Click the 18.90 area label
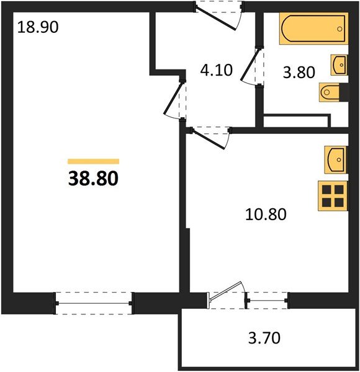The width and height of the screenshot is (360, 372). [x=38, y=27]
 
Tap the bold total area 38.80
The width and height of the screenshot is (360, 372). [x=93, y=179]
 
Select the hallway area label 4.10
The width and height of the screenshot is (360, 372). [x=217, y=70]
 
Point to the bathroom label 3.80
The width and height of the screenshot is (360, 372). [x=299, y=73]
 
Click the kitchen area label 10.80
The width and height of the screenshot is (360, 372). [x=266, y=215]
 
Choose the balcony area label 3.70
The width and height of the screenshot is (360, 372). [x=264, y=338]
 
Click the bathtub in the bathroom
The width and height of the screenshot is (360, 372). [x=313, y=29]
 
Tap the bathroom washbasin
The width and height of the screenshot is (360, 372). [x=340, y=65]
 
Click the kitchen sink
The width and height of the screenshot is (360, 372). [x=336, y=160]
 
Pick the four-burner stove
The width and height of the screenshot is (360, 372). [x=333, y=196]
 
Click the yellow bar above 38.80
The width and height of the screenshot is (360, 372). [x=93, y=161]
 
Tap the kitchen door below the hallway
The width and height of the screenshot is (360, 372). [x=209, y=139]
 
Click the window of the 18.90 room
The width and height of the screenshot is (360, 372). [x=94, y=303]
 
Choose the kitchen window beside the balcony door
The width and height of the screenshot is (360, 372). [x=268, y=301]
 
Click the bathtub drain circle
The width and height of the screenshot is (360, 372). [x=340, y=29]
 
